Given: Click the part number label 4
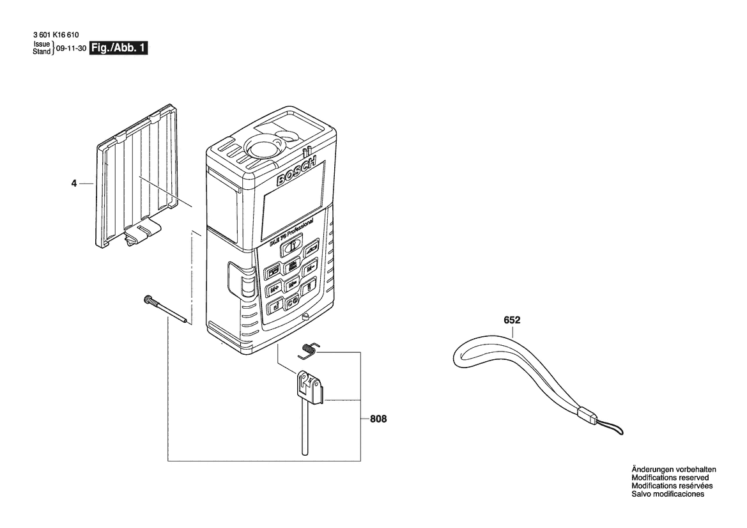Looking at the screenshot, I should pyautogui.click(x=73, y=184).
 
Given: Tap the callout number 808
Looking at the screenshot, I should pyautogui.click(x=378, y=419).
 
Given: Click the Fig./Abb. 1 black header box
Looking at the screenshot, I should pyautogui.click(x=119, y=49).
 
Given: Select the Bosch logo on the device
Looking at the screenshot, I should pyautogui.click(x=296, y=172).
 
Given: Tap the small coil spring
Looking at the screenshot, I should pyautogui.click(x=309, y=348).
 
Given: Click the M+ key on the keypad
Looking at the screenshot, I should pyautogui.click(x=274, y=288).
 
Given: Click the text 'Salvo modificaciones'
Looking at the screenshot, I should pyautogui.click(x=668, y=494).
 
